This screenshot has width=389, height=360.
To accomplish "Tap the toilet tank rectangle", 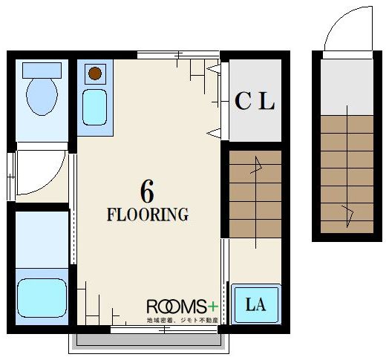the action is click(x=42, y=71).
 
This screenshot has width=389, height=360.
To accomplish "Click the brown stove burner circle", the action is click(x=95, y=73).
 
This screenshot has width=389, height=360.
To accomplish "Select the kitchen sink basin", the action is click(x=94, y=107).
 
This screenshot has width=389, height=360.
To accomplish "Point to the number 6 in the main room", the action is click(x=147, y=191).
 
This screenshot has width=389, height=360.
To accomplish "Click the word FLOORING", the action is click(x=148, y=215).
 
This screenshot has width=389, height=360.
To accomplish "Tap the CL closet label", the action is click(x=255, y=101).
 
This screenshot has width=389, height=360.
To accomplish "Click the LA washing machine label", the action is click(x=255, y=304).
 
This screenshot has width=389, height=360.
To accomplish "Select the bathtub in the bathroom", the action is click(x=42, y=298).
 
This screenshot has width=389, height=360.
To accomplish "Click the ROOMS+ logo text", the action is click(x=183, y=307).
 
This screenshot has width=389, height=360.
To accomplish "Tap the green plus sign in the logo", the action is click(x=212, y=307).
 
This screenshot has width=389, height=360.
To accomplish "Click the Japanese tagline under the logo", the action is click(x=183, y=320).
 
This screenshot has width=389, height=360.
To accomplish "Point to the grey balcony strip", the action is click(x=148, y=340).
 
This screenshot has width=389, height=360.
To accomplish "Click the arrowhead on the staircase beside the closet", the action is click(x=258, y=164).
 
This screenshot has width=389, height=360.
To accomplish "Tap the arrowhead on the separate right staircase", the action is click(x=349, y=215).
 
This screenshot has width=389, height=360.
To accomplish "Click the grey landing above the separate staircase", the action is click(x=347, y=87).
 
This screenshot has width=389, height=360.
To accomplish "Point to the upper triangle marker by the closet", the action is click(x=214, y=69).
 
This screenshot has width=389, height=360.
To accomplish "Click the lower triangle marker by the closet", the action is click(x=214, y=134).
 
